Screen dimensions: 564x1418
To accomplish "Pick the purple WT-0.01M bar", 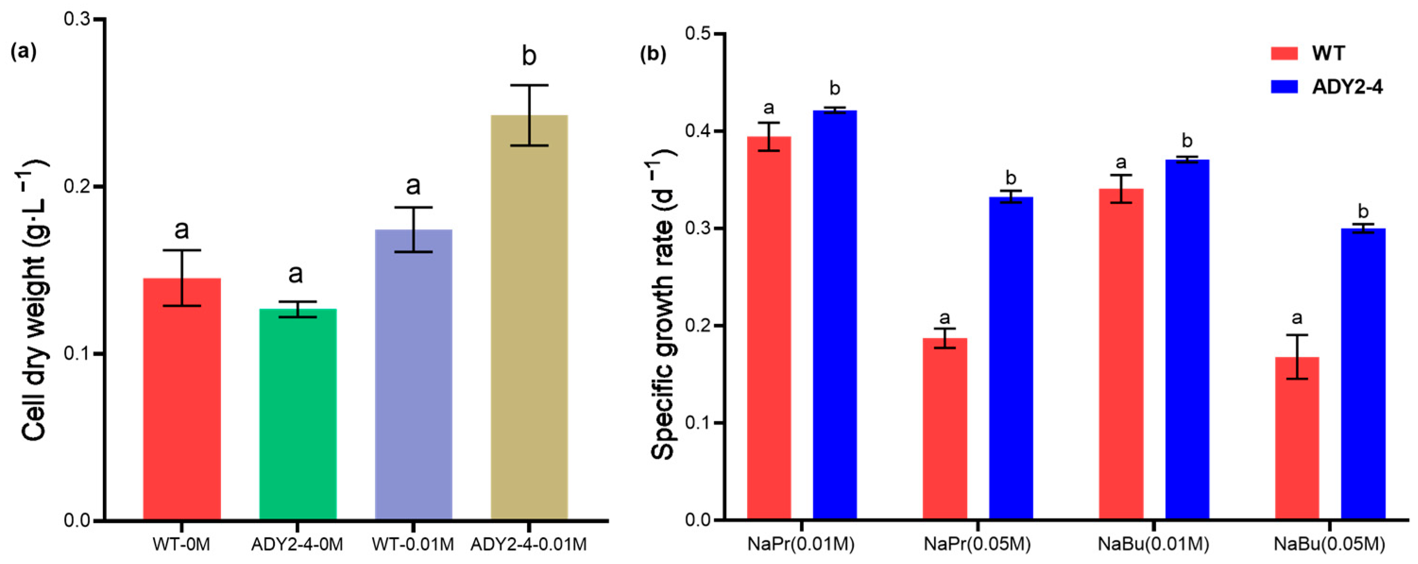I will click(413, 374).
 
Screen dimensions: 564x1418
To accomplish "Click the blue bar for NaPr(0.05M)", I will click(1010, 358).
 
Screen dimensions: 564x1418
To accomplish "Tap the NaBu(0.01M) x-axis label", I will click(1153, 544).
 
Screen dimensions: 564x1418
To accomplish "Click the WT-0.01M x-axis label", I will click(413, 544).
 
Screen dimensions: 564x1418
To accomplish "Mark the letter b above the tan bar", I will click(528, 56).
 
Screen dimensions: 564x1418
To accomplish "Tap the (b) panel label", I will click(653, 54).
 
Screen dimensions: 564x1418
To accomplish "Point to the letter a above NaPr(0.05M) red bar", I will click(944, 318).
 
